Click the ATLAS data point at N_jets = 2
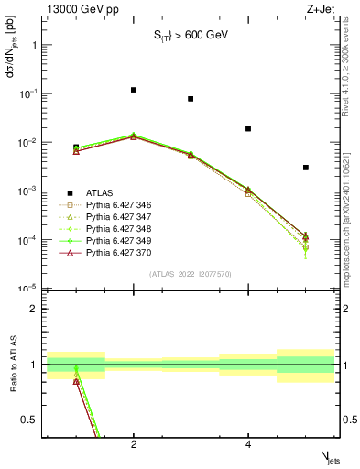tap(134, 90)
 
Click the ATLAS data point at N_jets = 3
tap(191, 99)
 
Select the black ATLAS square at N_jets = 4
tap(248, 129)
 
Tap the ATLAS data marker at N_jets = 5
tap(305, 168)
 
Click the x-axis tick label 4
tap(248, 445)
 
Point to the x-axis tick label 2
tap(134, 445)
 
